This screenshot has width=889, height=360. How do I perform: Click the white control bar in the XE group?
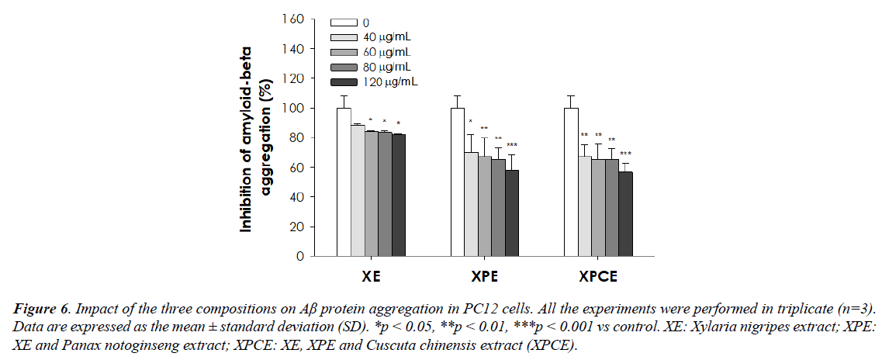coord(344,182)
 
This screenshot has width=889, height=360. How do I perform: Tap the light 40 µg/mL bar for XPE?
coord(470,204)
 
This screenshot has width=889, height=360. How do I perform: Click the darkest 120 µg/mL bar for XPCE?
coord(626,213)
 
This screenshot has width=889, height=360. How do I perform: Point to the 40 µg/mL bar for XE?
coord(358,190)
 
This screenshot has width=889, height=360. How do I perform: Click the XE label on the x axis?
coord(371,275)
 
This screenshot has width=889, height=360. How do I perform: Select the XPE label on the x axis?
coord(484,275)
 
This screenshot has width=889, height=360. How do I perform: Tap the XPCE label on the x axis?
coord(597,275)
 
